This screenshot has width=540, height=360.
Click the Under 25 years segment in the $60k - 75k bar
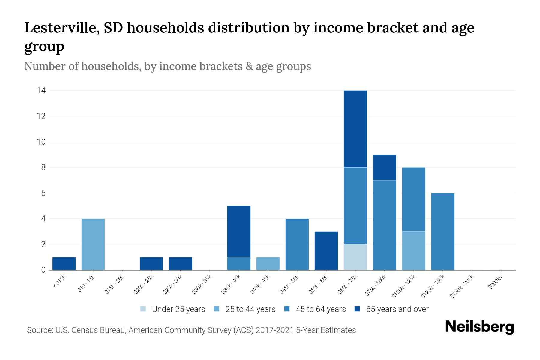[x=355, y=257]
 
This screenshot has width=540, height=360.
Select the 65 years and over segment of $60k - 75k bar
[x=355, y=129]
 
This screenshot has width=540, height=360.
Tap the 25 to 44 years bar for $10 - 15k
[x=93, y=244]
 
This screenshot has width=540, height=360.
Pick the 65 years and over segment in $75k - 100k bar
[x=384, y=167]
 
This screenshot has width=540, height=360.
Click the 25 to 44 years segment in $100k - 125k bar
[x=413, y=250]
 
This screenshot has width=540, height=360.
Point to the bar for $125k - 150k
[x=442, y=231]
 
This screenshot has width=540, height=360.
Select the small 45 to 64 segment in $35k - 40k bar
[x=239, y=263]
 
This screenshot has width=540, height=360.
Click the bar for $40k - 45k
[x=268, y=263]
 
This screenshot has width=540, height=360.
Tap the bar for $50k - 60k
[x=326, y=250]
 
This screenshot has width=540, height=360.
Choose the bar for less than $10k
[x=64, y=263]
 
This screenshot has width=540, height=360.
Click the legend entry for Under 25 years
[x=178, y=309]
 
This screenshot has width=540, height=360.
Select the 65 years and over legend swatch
[x=357, y=309]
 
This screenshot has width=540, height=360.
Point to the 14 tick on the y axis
[x=41, y=90]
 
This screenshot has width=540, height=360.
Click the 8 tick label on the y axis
[x=43, y=167]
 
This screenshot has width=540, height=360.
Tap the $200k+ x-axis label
[x=495, y=283]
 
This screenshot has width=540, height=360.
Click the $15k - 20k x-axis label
[x=114, y=285]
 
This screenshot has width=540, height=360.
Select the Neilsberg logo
[x=479, y=327]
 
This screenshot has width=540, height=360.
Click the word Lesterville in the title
[x=62, y=28]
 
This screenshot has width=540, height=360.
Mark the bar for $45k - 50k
[x=297, y=244]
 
